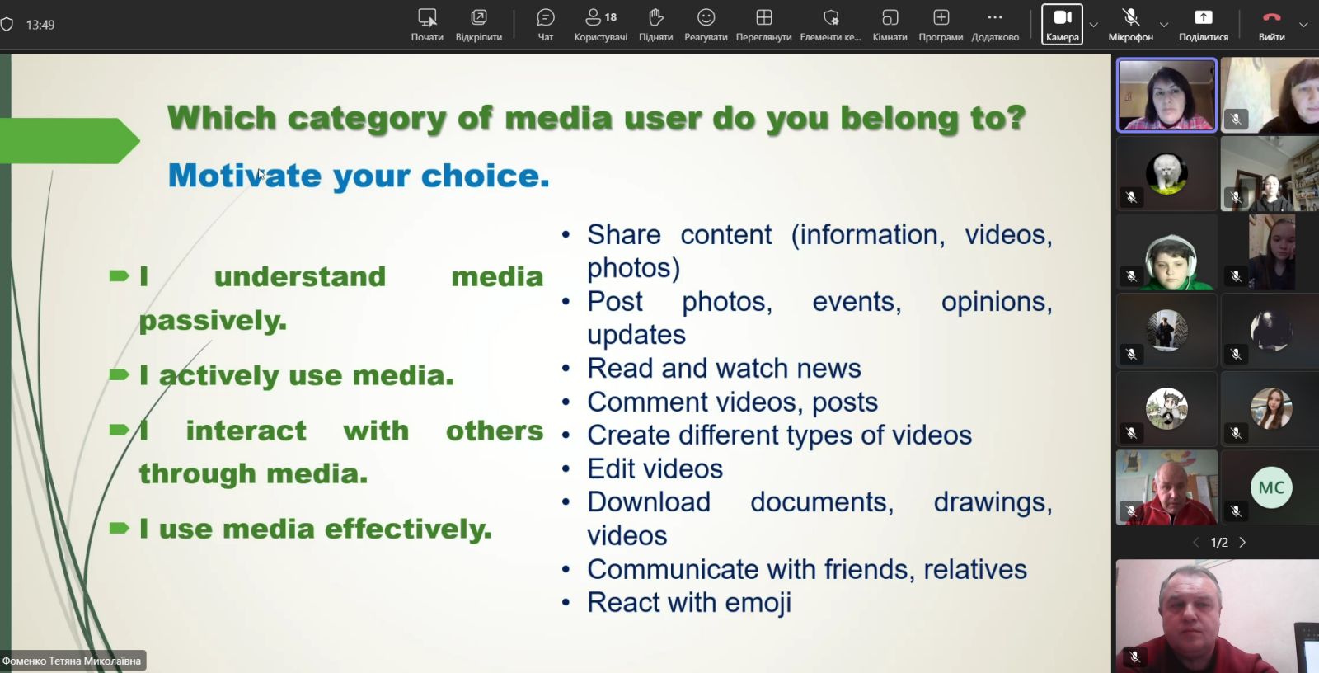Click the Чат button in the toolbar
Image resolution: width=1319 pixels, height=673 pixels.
545,25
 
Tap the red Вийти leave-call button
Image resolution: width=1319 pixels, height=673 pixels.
1271,25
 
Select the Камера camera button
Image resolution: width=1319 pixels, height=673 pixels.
1063,24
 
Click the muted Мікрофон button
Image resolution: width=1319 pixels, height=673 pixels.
1130,25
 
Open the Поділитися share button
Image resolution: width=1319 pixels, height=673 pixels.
1203,25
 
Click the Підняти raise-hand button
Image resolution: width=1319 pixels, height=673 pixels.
655,25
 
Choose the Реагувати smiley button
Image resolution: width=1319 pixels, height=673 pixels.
706,25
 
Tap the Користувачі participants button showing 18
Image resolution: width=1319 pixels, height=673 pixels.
601,25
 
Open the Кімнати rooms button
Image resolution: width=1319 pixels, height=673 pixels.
890,25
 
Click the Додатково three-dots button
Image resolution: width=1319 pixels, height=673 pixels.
994,25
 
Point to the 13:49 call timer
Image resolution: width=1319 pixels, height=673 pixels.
40,25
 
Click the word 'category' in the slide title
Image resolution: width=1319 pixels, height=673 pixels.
367,120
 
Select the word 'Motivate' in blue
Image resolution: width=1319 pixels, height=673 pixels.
245,176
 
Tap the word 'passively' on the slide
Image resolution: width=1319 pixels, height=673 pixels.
213,321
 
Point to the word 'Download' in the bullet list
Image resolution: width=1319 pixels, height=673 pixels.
649,502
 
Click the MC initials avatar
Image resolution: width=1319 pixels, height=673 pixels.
1270,487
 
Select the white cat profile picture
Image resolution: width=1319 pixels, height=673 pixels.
1166,173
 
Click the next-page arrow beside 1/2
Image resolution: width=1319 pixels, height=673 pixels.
1242,542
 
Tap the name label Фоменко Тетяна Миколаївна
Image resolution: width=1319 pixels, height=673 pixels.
72,661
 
